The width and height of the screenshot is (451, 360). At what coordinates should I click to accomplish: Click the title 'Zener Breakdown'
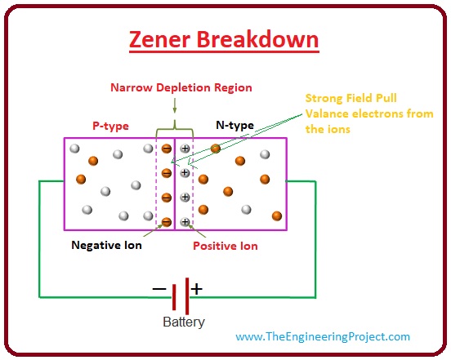[226, 38]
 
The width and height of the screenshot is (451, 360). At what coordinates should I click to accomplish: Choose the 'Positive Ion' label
[225, 245]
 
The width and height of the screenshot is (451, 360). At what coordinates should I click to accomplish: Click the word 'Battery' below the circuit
[184, 322]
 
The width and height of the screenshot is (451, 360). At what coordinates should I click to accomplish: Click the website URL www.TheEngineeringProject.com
[323, 336]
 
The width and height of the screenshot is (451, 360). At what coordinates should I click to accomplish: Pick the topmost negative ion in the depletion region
[167, 149]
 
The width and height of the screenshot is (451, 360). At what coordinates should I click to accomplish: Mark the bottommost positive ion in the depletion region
[185, 221]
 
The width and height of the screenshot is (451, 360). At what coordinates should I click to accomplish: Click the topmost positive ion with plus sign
[185, 149]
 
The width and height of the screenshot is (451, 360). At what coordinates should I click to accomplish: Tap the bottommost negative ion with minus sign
[167, 221]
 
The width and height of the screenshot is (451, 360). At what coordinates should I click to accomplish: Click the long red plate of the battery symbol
[187, 291]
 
